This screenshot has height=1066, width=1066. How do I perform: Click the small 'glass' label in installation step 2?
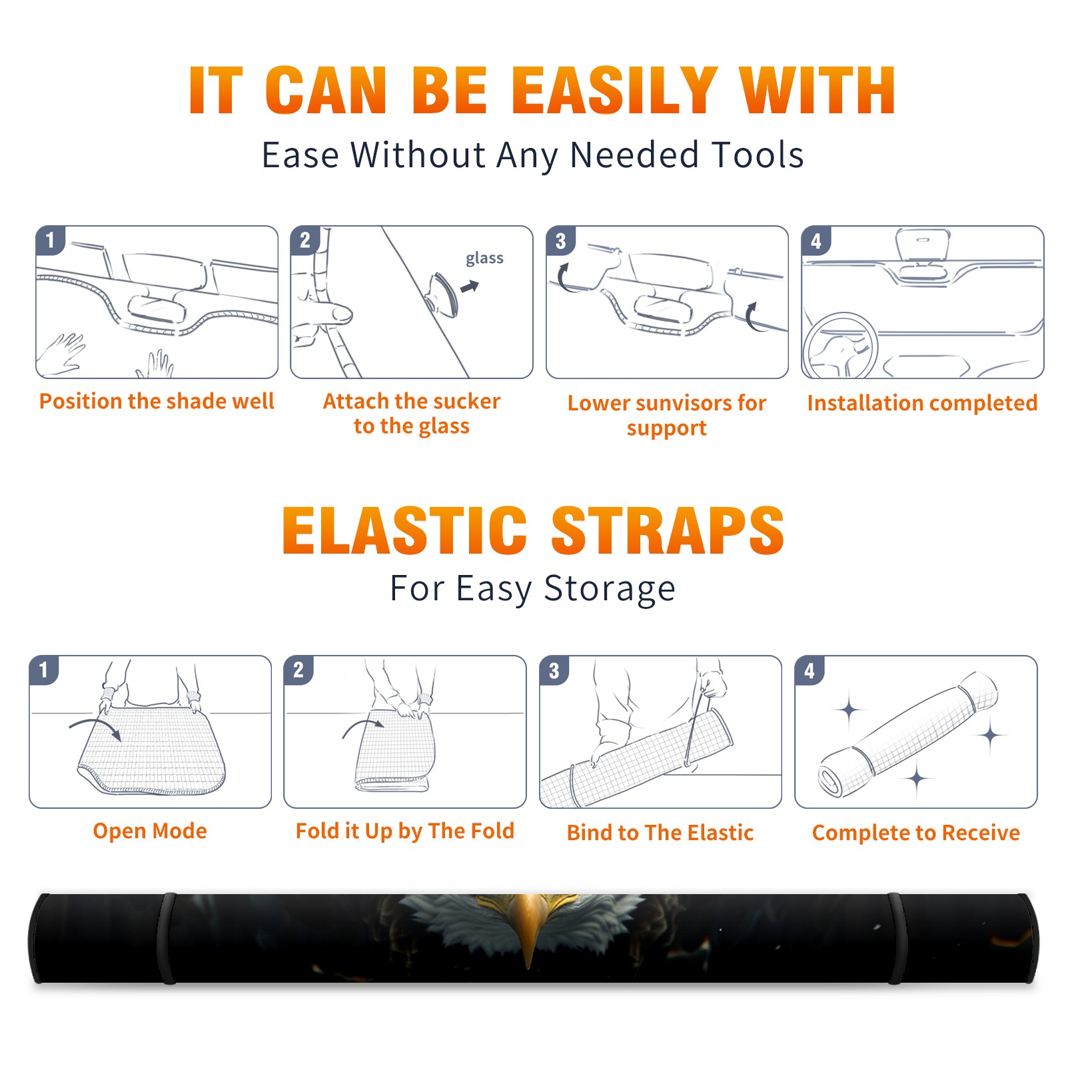click(484, 259)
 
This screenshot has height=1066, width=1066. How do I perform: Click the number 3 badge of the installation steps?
click(560, 241)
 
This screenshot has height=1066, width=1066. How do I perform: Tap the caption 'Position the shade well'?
click(157, 401)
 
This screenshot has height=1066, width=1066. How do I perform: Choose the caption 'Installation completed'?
click(922, 402)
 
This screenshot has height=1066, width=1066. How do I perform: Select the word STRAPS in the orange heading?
click(668, 530)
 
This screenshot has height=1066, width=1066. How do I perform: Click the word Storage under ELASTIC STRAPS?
click(610, 589)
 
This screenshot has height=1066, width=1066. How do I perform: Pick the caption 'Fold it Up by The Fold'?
click(405, 831)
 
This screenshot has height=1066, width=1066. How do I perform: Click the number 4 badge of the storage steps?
click(809, 670)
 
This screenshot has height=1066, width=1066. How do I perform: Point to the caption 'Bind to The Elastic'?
click(660, 833)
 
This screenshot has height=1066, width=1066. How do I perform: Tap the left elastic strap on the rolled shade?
click(166, 939)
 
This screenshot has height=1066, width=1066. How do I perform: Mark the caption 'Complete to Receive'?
click(916, 833)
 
